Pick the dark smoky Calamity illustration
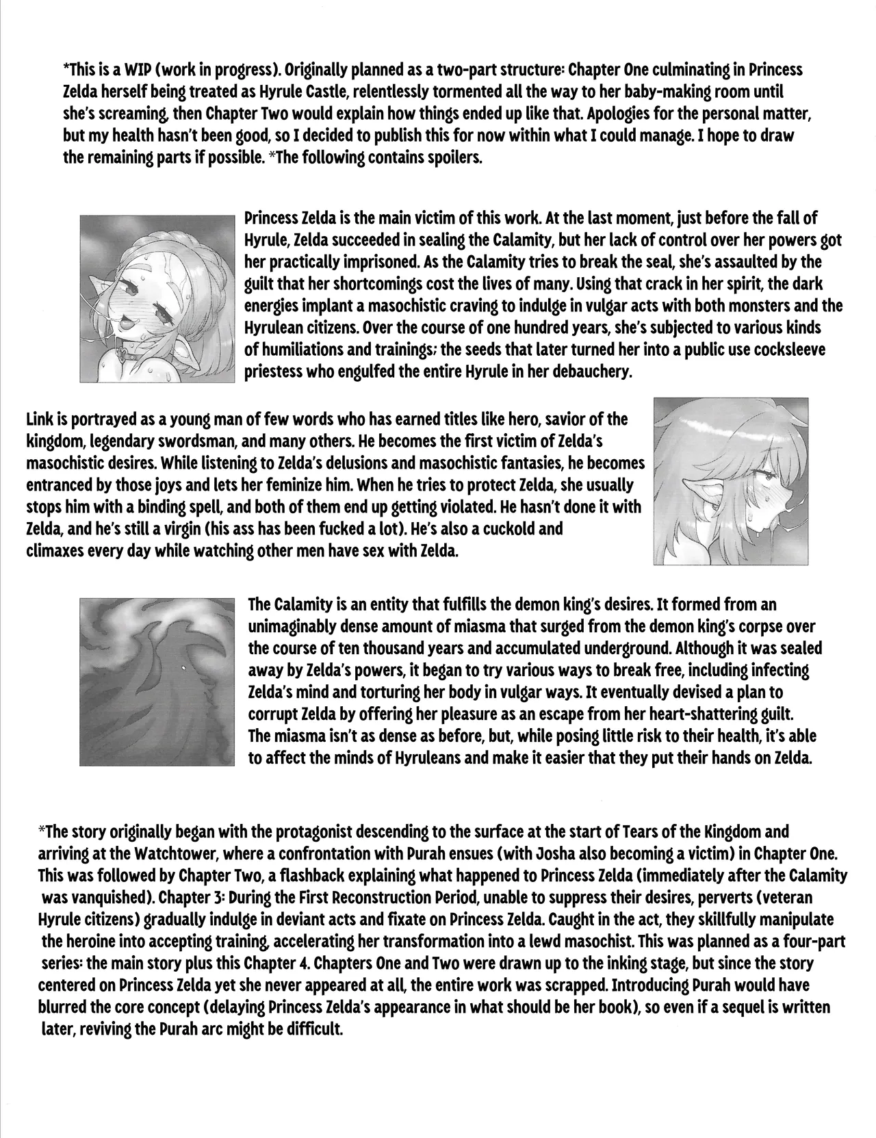tap(157, 682)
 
